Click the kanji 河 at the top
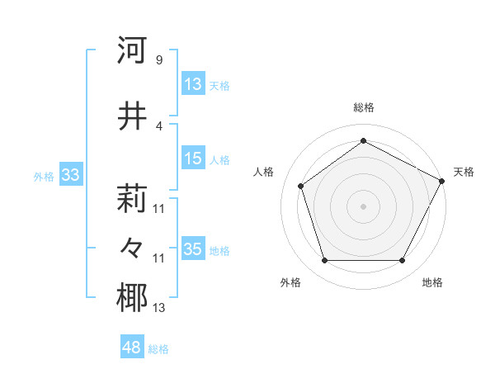pyautogui.click(x=132, y=50)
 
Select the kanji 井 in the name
pyautogui.click(x=132, y=116)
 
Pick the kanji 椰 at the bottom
pyautogui.click(x=132, y=298)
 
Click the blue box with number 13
pyautogui.click(x=192, y=84)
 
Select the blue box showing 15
pyautogui.click(x=192, y=159)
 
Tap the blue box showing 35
pyautogui.click(x=192, y=249)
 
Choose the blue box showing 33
pyautogui.click(x=70, y=175)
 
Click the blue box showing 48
pyautogui.click(x=132, y=348)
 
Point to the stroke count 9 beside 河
pyautogui.click(x=158, y=59)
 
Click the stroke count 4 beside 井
pyautogui.click(x=158, y=125)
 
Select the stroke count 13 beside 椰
pyautogui.click(x=158, y=308)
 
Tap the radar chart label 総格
pyautogui.click(x=363, y=107)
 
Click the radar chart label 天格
pyautogui.click(x=464, y=172)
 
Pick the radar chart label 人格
pyautogui.click(x=264, y=172)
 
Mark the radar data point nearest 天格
pyautogui.click(x=442, y=181)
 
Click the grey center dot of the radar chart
pyautogui.click(x=363, y=206)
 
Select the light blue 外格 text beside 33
pyautogui.click(x=43, y=176)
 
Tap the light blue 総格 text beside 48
pyautogui.click(x=158, y=348)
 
